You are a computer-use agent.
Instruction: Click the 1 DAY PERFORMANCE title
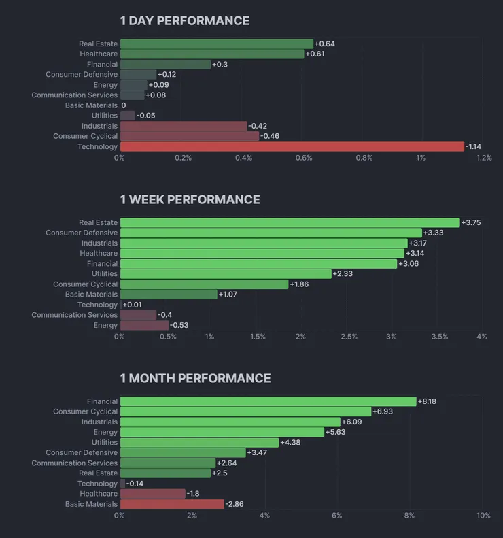point(184,21)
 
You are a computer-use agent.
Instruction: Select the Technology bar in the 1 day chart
point(292,147)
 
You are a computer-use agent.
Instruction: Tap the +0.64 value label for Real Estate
point(325,44)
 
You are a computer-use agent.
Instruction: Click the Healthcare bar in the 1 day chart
point(212,54)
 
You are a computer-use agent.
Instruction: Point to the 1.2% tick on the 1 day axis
point(483,158)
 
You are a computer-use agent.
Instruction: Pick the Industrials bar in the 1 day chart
point(184,127)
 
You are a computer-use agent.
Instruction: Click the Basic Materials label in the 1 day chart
point(91,105)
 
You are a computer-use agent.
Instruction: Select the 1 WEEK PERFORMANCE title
point(190,200)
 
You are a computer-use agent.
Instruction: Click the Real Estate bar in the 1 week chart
point(290,223)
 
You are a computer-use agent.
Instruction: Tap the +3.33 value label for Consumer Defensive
point(433,233)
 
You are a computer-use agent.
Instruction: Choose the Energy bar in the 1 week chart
point(144,326)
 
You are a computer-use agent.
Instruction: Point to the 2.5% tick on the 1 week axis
point(349,337)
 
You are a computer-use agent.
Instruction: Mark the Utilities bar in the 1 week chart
point(226,274)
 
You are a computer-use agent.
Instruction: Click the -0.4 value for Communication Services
point(165,315)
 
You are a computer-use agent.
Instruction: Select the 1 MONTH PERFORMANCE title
point(195,379)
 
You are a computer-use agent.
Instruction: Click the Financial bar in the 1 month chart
point(268,402)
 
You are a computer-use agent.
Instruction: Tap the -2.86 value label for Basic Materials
point(235,505)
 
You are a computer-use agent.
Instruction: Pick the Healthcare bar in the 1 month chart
point(153,494)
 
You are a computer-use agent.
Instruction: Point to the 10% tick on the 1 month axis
point(483,516)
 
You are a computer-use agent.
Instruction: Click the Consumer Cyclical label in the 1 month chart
point(85,412)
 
